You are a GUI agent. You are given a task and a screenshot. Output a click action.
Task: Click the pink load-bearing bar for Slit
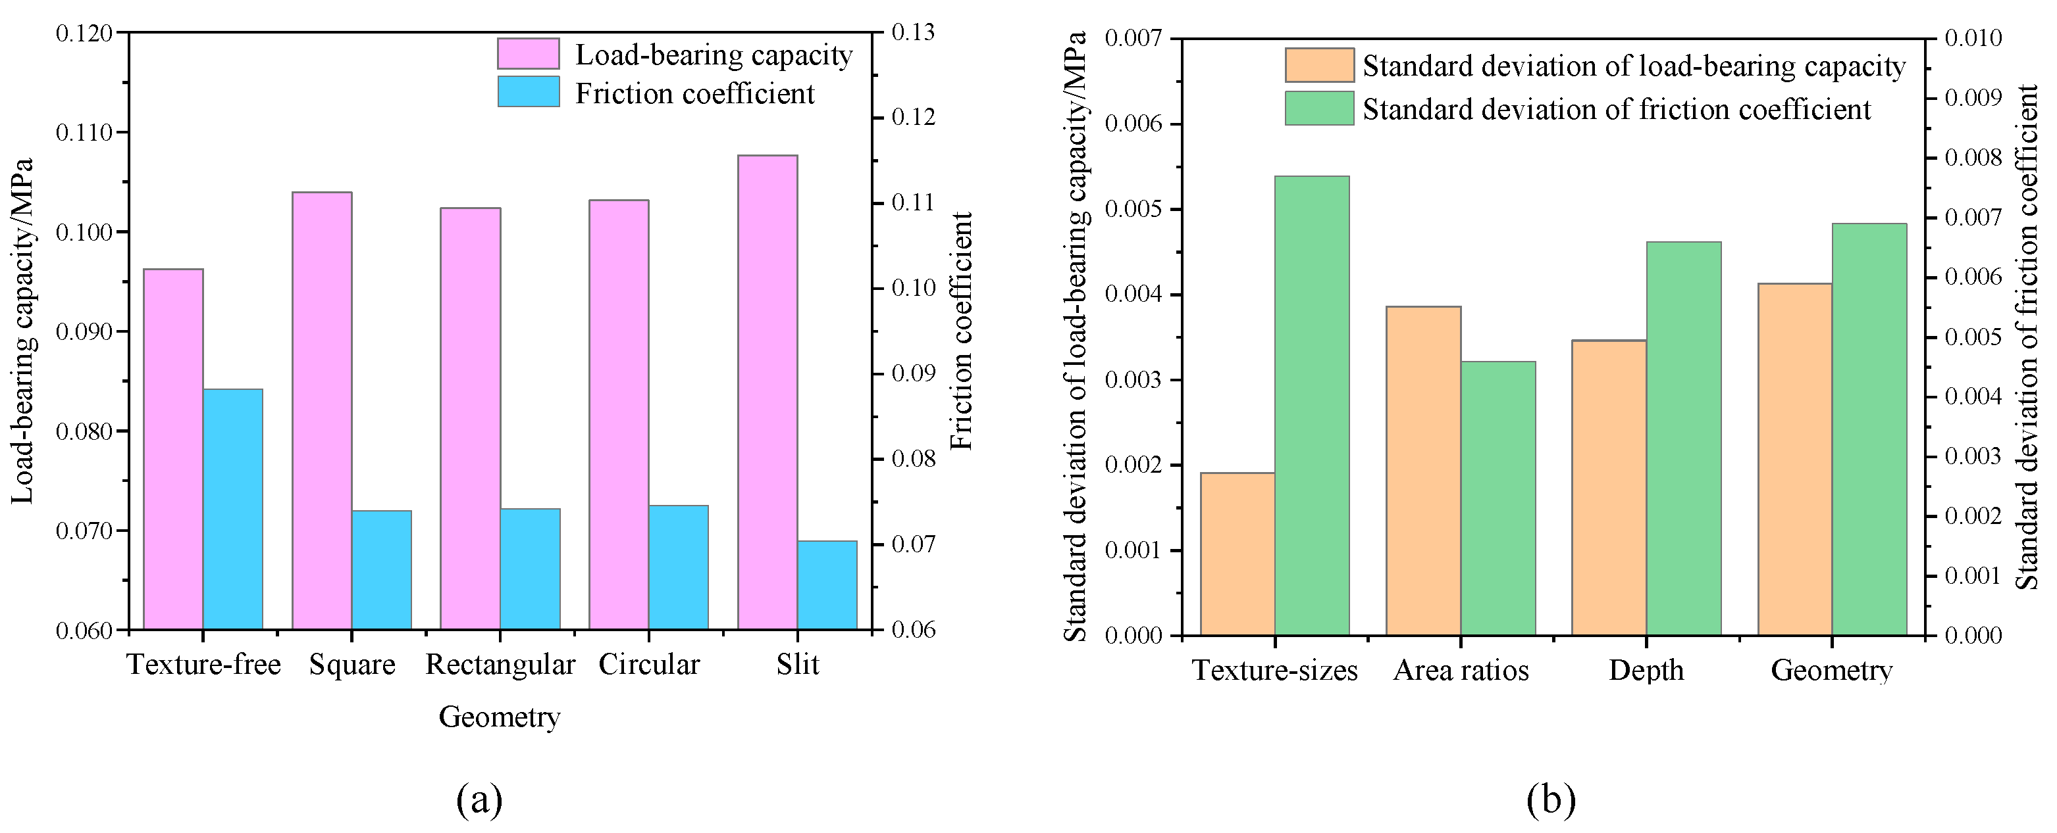tap(768, 392)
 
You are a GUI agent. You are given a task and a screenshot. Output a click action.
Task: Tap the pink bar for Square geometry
tap(322, 410)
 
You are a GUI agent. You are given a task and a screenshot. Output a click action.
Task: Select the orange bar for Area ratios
tap(1423, 471)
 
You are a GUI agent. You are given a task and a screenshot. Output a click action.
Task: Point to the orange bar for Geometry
tap(1794, 459)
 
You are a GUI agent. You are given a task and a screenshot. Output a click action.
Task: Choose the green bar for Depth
tap(1683, 438)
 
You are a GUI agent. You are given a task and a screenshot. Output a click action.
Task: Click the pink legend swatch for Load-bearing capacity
tap(528, 55)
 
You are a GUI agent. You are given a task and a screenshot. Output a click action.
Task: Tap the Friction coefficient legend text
tap(694, 93)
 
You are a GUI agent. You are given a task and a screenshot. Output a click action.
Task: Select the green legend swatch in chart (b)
tap(1319, 108)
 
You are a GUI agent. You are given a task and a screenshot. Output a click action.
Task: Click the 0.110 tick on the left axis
tap(84, 132)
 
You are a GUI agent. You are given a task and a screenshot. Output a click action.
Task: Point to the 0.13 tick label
tap(913, 33)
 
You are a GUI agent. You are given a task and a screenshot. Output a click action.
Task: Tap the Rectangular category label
tap(500, 665)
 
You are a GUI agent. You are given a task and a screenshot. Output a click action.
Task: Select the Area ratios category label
tap(1461, 670)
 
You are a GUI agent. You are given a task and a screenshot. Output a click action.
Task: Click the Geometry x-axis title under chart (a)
tap(499, 717)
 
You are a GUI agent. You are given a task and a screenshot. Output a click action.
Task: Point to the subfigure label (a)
tap(479, 799)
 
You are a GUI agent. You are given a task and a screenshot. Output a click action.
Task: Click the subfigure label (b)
tap(1551, 799)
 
